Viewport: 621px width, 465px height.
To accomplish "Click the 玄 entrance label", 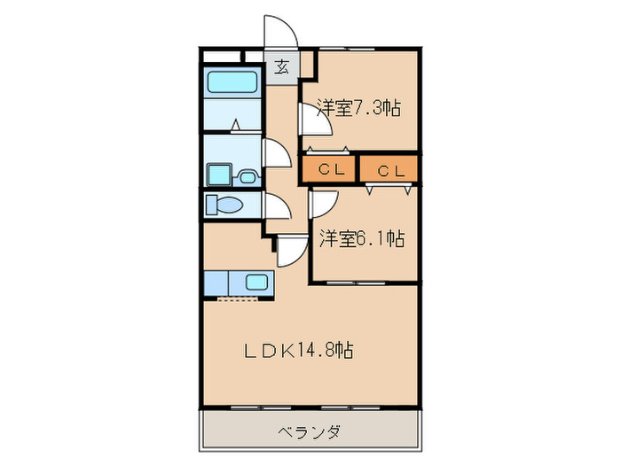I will point(281,66).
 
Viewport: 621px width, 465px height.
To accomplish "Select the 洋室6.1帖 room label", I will point(361,238).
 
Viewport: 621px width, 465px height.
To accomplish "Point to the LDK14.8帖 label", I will point(299,350).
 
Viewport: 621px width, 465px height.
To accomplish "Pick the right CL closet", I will point(389,169).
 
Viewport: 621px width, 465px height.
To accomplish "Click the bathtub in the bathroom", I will point(232,82).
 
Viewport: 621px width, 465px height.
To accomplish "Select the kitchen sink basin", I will point(256,283).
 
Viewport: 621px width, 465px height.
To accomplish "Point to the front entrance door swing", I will point(283,30).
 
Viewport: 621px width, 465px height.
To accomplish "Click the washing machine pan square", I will point(219,173).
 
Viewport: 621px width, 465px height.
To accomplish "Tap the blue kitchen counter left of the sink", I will point(216,283).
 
